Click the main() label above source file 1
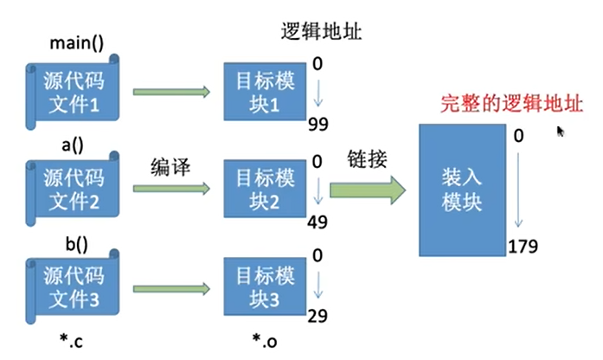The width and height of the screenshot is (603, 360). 76,42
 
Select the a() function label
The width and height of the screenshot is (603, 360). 73,145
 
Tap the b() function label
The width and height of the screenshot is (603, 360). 76,244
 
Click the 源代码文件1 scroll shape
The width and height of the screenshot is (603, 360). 73,92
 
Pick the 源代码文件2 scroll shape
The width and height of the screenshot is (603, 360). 73,189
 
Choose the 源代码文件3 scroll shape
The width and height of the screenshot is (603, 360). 73,287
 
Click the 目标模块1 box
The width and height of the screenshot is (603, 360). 265,92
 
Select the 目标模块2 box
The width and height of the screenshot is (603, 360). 265,189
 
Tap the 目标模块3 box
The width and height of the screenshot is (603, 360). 265,286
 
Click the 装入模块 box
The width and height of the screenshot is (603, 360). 462,190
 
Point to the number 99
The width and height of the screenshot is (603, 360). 318,125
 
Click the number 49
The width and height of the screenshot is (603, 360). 318,222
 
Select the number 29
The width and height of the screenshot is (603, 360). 318,316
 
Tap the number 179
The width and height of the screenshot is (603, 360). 523,246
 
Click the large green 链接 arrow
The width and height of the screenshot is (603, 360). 368,190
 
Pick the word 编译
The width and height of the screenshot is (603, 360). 170,167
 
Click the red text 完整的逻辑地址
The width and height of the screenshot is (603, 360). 511,104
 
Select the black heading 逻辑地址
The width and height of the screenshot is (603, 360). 321,31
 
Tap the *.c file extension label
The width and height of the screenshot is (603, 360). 71,341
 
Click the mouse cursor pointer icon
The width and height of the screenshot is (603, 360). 561,132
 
